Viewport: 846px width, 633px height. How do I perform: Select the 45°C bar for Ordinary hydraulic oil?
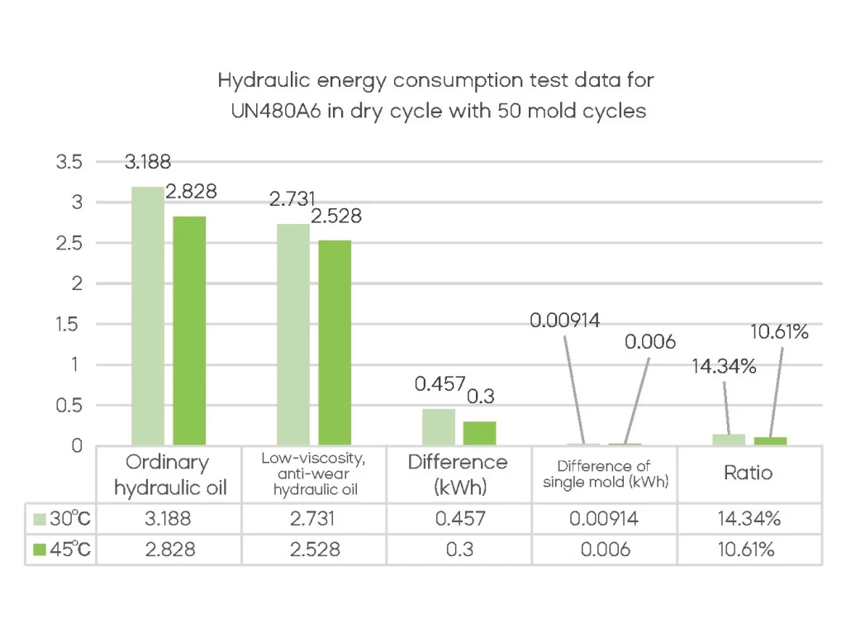pos(189,331)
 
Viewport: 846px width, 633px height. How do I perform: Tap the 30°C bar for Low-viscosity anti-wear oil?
pos(293,335)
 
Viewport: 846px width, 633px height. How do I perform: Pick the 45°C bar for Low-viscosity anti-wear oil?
pos(335,343)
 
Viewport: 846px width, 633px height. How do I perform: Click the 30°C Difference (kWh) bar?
pos(439,427)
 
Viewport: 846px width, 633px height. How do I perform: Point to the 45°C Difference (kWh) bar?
pos(480,434)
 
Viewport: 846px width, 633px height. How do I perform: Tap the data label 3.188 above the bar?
pos(148,162)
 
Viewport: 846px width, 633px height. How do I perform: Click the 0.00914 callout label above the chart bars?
pos(565,321)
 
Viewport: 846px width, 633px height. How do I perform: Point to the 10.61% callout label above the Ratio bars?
pos(779,332)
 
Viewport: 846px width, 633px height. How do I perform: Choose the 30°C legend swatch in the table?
pos(38,520)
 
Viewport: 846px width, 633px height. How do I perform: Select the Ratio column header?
pos(749,473)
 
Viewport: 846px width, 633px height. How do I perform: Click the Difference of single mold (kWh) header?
pos(605,474)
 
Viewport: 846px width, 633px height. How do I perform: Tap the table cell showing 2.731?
pos(314,520)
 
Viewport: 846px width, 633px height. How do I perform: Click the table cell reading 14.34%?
pos(749,520)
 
